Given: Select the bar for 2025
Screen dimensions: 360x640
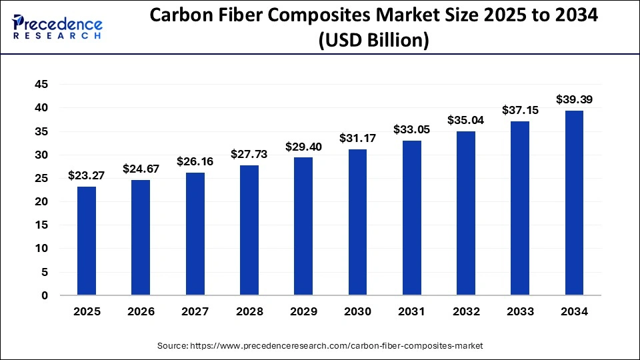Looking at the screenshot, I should click(87, 241).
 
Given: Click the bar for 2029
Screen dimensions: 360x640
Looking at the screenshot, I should click(303, 226).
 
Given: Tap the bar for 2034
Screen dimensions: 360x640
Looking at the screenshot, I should click(574, 203).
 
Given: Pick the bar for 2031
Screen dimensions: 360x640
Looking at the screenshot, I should click(411, 217).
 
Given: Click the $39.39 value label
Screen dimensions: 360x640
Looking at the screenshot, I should click(574, 100).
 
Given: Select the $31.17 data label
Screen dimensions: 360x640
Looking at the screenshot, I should click(357, 139).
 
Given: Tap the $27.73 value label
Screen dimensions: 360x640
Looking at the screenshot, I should click(249, 154).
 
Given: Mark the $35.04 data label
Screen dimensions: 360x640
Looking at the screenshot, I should click(466, 121).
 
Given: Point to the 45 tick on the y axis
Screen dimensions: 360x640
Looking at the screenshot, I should click(41, 84).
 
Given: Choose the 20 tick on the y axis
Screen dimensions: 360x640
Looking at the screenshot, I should click(41, 201).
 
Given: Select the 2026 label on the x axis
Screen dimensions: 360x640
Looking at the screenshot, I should click(141, 311).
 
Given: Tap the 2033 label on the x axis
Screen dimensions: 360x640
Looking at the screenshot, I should click(520, 311).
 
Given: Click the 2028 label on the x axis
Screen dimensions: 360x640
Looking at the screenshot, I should click(249, 311).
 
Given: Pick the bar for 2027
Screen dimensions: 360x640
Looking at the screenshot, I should click(195, 234).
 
